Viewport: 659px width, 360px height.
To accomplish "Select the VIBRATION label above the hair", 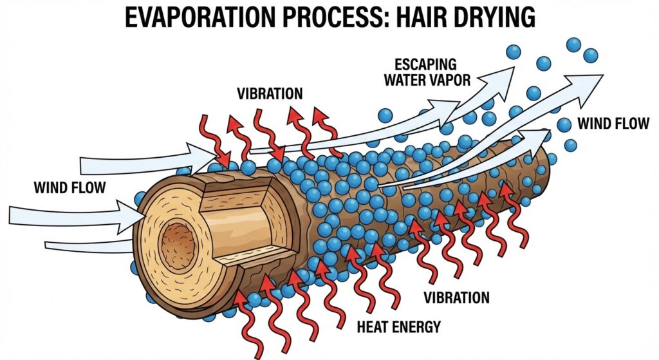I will pos(269,93).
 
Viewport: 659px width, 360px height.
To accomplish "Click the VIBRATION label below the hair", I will pos(456,298).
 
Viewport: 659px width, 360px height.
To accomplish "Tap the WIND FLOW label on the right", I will pos(613,123).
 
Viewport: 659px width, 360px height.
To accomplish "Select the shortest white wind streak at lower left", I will pos(87,246).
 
